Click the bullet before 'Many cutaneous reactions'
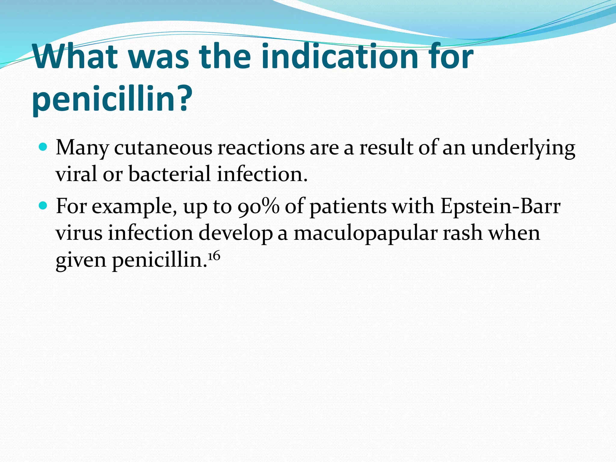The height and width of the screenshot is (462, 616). [43, 147]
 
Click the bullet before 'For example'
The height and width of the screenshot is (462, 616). [43, 206]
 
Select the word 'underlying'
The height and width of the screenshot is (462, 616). [523, 149]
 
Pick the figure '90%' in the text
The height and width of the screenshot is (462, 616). [258, 207]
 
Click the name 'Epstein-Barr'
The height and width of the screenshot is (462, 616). [500, 207]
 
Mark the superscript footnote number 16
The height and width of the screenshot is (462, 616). [214, 256]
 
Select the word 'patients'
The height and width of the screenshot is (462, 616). [348, 207]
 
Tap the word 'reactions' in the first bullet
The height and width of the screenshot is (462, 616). [261, 148]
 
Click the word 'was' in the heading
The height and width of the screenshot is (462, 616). [160, 57]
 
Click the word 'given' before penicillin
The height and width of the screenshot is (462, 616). [81, 260]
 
